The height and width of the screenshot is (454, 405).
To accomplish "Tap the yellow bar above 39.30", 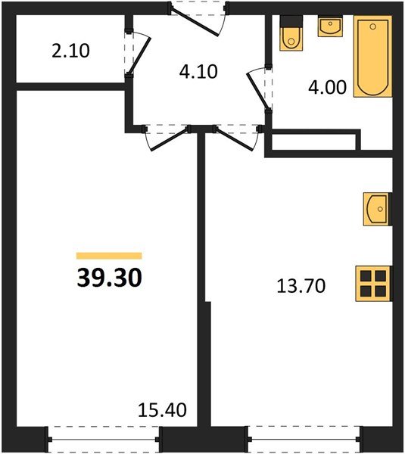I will coord(109,256).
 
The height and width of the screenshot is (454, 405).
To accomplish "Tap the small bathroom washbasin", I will coord(330,26).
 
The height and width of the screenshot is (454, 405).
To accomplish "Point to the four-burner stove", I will coord(375,283).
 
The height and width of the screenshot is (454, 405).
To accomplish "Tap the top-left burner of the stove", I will coord(367,276).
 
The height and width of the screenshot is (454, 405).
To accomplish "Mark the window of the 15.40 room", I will coord(104,438).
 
